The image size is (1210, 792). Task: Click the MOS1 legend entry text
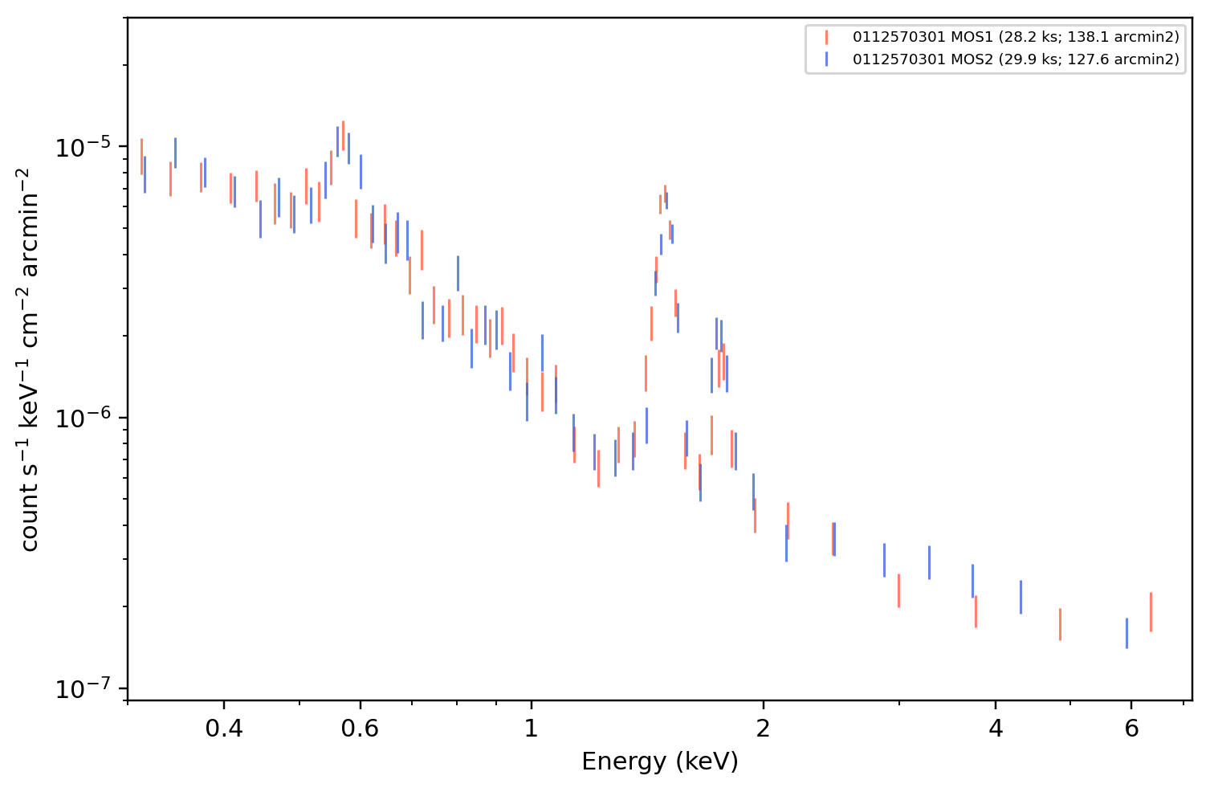click(x=1016, y=37)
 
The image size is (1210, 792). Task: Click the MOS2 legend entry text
click(x=1016, y=59)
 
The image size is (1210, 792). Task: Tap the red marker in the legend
click(x=826, y=37)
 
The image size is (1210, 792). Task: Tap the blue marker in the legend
click(x=826, y=59)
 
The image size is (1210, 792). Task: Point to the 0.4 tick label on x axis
click(x=224, y=729)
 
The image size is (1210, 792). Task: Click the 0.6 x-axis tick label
click(x=360, y=729)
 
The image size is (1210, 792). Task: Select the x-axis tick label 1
click(x=532, y=729)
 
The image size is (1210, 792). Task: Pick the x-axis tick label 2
click(x=763, y=729)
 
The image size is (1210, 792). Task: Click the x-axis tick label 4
click(x=995, y=729)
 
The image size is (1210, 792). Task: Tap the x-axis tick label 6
click(x=1131, y=729)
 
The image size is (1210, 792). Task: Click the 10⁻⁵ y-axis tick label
click(x=83, y=148)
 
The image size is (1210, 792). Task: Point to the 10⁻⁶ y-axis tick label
click(x=83, y=418)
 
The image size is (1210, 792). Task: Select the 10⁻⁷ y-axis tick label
click(x=83, y=689)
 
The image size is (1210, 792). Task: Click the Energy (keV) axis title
click(x=659, y=761)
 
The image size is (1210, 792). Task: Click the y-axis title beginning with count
click(x=29, y=360)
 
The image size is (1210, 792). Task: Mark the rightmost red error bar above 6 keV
click(x=1151, y=612)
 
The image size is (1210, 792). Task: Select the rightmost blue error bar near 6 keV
click(x=1126, y=633)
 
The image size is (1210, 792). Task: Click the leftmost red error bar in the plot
click(x=141, y=157)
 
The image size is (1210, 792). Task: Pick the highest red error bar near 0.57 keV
click(x=343, y=136)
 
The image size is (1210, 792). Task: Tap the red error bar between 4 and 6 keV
click(x=1060, y=625)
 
